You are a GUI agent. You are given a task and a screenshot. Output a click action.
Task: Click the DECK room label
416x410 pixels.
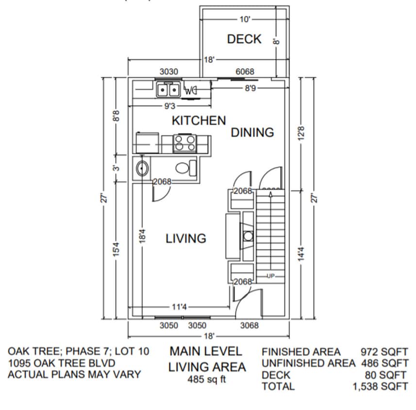244,39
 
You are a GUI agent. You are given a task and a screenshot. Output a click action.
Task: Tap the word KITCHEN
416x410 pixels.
199,120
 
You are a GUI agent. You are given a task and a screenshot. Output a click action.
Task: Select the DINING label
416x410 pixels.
252,132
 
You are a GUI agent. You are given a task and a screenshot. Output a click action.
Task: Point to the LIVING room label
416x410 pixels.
186,239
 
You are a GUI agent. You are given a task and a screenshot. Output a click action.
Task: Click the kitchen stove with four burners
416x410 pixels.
184,143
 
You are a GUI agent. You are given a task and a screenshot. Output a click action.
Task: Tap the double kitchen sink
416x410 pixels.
168,90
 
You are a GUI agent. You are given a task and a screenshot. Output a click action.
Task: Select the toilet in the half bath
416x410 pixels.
184,169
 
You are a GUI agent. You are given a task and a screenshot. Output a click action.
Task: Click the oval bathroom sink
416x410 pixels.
142,169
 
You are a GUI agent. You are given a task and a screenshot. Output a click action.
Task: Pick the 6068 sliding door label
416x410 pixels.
245,72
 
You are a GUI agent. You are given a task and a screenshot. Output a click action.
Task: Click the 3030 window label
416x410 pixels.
168,72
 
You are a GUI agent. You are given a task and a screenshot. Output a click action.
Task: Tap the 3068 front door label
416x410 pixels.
250,325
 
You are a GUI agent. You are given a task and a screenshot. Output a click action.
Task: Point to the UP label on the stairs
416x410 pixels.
270,276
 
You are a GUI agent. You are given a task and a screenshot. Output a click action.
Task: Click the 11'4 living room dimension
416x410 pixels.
179,307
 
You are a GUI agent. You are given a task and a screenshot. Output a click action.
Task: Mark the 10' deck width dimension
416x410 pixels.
245,19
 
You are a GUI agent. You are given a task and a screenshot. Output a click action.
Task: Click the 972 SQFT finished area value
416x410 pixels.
384,352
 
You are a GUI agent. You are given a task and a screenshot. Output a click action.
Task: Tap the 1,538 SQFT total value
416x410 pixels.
380,387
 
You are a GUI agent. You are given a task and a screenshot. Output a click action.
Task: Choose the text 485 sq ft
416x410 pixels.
207,380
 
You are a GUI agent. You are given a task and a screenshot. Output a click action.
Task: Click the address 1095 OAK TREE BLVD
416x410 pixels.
61,363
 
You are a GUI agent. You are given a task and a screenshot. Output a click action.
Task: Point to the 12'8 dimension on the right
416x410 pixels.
300,132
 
